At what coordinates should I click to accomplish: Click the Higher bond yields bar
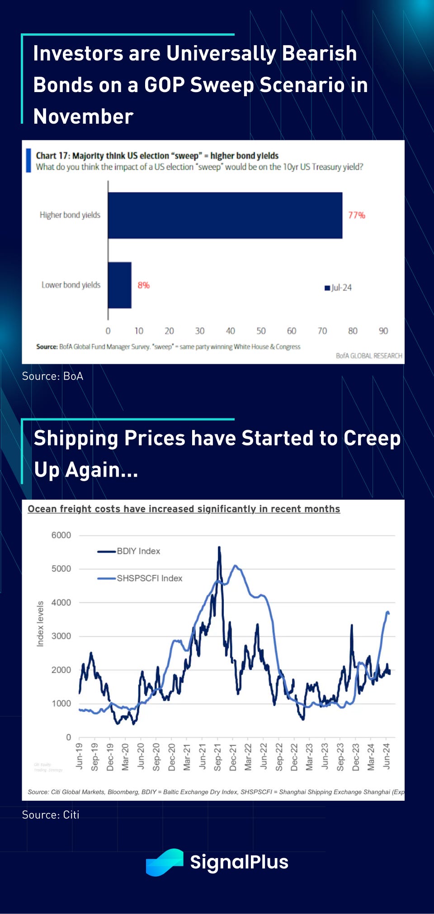tap(225, 215)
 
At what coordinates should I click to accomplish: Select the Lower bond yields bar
tap(120, 285)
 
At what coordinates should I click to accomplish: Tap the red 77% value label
tap(356, 215)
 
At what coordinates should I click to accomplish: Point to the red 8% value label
tap(143, 285)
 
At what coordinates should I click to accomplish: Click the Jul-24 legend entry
tap(338, 288)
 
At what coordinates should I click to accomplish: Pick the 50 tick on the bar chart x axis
tap(261, 331)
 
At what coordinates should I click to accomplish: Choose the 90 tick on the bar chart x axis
tap(383, 331)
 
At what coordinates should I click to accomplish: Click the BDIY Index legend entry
tap(129, 551)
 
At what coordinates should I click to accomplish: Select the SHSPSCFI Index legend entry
tap(140, 578)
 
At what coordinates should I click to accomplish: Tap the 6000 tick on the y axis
tap(61, 535)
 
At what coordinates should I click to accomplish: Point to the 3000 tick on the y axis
tap(61, 636)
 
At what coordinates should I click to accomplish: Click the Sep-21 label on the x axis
tap(217, 757)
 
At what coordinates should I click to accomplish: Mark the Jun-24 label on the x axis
tap(386, 756)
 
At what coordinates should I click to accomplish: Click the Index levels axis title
tap(40, 624)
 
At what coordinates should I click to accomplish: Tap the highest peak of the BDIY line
tap(219, 548)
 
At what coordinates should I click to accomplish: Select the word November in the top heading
tap(83, 116)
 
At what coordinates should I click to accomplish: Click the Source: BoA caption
tap(52, 376)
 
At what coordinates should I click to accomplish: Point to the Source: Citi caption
tap(51, 815)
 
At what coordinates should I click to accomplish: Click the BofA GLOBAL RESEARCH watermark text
tap(369, 356)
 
